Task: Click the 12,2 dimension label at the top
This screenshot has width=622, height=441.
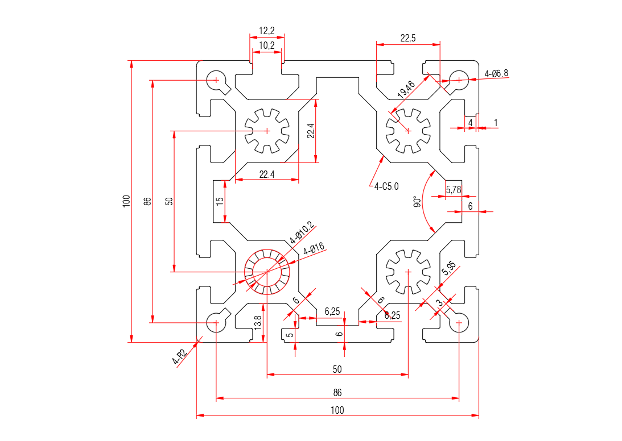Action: pyautogui.click(x=267, y=30)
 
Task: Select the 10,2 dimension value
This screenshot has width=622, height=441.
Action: pyautogui.click(x=267, y=45)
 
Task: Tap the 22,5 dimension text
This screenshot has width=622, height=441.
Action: pyautogui.click(x=408, y=38)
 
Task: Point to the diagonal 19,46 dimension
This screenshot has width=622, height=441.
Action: pyautogui.click(x=406, y=88)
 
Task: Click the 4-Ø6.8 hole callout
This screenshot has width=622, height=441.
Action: pyautogui.click(x=496, y=73)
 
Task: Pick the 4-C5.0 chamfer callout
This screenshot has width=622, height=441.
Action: pyautogui.click(x=387, y=185)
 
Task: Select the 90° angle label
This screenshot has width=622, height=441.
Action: pyautogui.click(x=417, y=202)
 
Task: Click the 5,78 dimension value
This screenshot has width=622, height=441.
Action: pyautogui.click(x=454, y=190)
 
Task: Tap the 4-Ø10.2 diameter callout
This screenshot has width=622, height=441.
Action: pyautogui.click(x=302, y=232)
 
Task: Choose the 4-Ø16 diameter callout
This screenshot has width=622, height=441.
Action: pyautogui.click(x=314, y=248)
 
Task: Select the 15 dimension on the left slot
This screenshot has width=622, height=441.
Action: pyautogui.click(x=219, y=201)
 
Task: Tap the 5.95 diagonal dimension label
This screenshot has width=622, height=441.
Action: pyautogui.click(x=448, y=268)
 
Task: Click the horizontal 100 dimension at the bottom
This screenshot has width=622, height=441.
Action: pyautogui.click(x=337, y=410)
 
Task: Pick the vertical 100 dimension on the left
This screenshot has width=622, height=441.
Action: pyautogui.click(x=126, y=201)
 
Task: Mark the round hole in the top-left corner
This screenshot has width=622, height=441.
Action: pyautogui.click(x=216, y=80)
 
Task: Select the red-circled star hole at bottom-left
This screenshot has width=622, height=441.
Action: pyautogui.click(x=267, y=272)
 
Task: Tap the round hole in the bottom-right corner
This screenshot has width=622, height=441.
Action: pyautogui.click(x=459, y=323)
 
